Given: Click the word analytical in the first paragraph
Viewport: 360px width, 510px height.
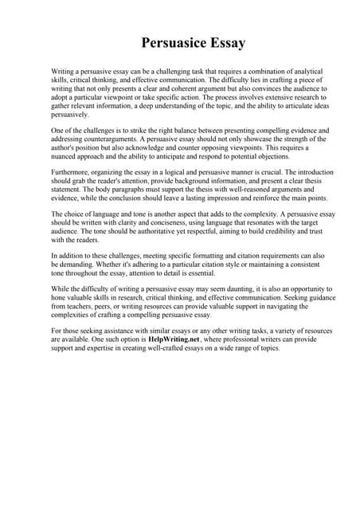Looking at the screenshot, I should pos(287,71).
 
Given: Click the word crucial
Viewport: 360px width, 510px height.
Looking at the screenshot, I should pos(275,170).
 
